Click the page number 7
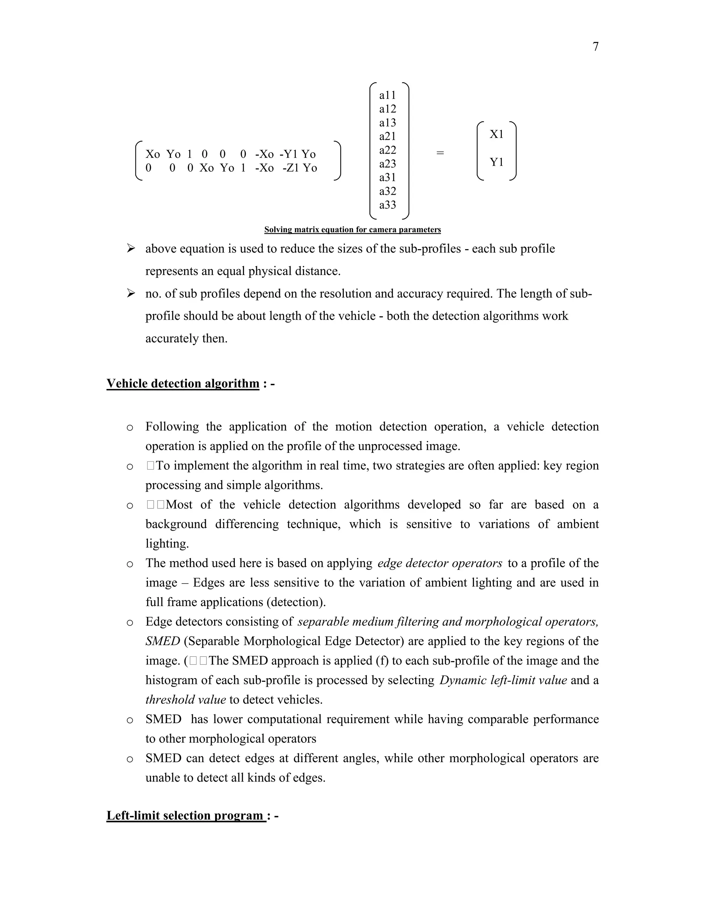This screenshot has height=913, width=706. (x=596, y=47)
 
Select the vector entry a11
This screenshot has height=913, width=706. (x=387, y=95)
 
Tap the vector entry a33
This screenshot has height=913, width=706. (x=387, y=205)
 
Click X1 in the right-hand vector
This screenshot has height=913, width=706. (x=496, y=134)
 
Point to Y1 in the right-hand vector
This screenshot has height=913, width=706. (x=496, y=162)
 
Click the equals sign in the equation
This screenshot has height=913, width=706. (x=440, y=153)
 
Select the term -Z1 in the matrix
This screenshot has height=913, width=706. (x=291, y=168)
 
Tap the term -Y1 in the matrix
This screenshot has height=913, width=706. (x=289, y=154)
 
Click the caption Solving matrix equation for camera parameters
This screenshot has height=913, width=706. (x=352, y=229)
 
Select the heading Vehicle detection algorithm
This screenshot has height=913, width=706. (x=183, y=383)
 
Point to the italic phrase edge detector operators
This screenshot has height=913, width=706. (x=440, y=563)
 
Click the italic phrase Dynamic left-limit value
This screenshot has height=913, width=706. (x=503, y=680)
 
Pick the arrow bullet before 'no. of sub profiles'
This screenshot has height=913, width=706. (x=131, y=294)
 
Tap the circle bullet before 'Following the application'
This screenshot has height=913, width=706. (x=130, y=428)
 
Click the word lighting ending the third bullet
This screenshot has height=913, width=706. (x=167, y=544)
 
